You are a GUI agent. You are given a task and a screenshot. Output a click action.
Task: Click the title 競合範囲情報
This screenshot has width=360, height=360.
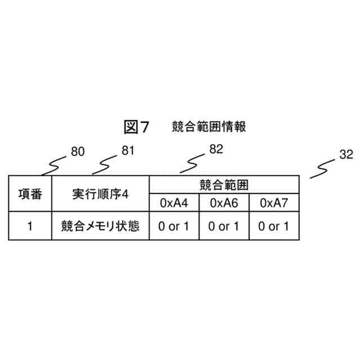click(209, 127)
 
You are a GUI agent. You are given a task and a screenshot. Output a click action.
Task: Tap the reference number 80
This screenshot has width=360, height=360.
click(78, 151)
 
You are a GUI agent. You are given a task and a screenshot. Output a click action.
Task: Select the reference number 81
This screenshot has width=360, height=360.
click(128, 150)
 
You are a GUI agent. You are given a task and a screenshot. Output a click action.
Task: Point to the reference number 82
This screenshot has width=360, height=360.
click(216, 149)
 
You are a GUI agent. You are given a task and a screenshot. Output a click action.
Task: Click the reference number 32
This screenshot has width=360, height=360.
click(346, 155)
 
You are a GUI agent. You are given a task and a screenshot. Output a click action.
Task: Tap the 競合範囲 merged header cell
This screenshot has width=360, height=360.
click(224, 184)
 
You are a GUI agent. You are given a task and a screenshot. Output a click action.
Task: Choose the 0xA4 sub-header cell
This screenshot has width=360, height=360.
click(174, 203)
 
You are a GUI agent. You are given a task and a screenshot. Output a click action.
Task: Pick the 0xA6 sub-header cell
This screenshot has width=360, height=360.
click(224, 203)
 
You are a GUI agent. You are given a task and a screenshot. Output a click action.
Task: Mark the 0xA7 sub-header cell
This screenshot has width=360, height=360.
click(274, 203)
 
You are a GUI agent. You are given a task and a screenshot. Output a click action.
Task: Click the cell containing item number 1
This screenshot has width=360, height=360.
click(30, 227)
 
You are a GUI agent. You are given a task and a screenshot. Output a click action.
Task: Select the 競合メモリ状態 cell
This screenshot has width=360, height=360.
click(100, 227)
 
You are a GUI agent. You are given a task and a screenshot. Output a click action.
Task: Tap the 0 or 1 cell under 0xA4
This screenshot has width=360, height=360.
click(174, 227)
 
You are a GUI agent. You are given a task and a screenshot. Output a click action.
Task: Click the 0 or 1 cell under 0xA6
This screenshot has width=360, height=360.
click(224, 227)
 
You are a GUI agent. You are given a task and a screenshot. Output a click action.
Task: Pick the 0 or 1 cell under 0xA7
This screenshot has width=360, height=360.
click(274, 227)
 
